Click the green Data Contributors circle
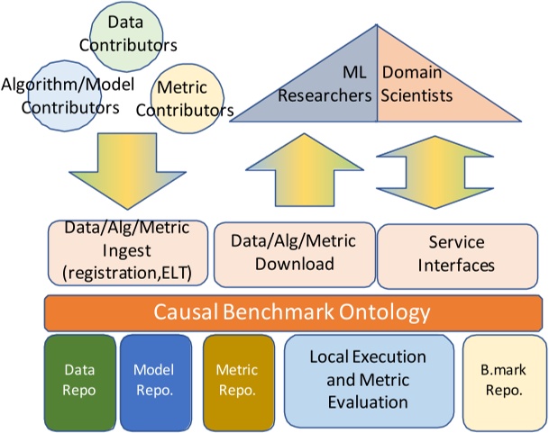click(x=126, y=36)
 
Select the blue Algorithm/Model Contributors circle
click(x=64, y=95)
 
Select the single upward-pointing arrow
click(x=305, y=170)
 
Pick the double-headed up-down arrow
click(x=435, y=172)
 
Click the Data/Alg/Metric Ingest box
click(x=128, y=253)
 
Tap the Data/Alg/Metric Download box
click(x=295, y=255)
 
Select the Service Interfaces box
click(x=457, y=257)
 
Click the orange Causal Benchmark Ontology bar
click(x=293, y=312)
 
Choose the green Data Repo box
click(x=80, y=383)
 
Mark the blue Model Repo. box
click(x=156, y=383)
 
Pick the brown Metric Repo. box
click(x=239, y=383)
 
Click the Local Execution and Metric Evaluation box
click(x=369, y=381)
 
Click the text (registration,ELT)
click(x=127, y=273)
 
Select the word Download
click(x=295, y=264)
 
